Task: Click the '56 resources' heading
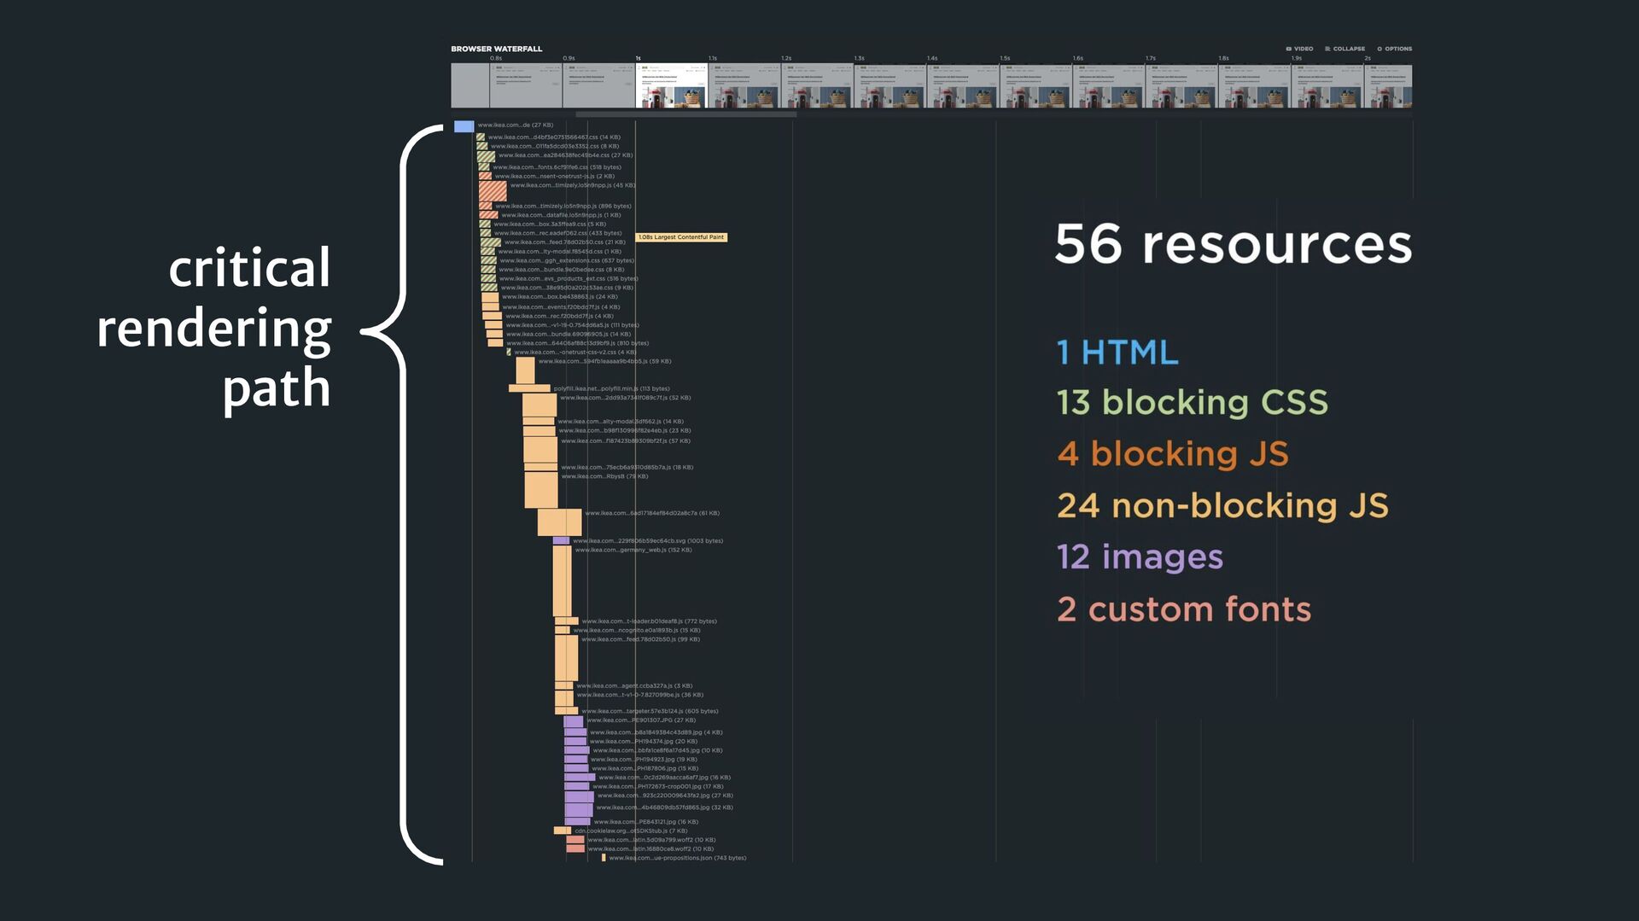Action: click(x=1233, y=245)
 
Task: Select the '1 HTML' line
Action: click(x=1117, y=353)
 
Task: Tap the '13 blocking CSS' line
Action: click(x=1192, y=403)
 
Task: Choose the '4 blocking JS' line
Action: click(x=1172, y=454)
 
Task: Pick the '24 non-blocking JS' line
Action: click(x=1222, y=505)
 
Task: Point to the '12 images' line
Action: click(x=1140, y=557)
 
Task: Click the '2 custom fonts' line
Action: click(x=1183, y=609)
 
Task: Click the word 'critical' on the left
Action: click(x=249, y=268)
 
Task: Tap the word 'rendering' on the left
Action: click(x=214, y=329)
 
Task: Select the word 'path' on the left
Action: click(x=277, y=389)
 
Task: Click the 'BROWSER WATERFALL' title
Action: click(x=496, y=49)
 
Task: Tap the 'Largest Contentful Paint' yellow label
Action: click(x=681, y=237)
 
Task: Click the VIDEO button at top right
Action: click(x=1299, y=49)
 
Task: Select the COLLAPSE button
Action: click(x=1344, y=49)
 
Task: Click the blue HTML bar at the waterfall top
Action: click(x=464, y=126)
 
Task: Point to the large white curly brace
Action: click(x=401, y=495)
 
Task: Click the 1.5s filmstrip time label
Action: click(x=1005, y=58)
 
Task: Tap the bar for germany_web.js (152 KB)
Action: click(x=562, y=580)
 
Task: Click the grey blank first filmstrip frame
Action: click(x=470, y=85)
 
